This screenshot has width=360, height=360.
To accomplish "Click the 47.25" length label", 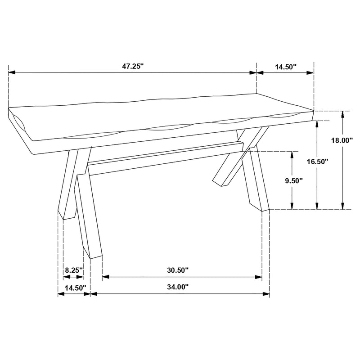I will pyautogui.click(x=132, y=67).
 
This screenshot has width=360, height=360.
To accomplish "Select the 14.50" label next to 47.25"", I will pyautogui.click(x=286, y=67).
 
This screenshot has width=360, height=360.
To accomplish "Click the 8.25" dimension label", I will pyautogui.click(x=74, y=270).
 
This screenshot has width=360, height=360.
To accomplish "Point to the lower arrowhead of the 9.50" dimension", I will pyautogui.click(x=292, y=206).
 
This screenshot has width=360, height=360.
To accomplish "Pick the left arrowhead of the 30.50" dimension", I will pyautogui.click(x=105, y=277).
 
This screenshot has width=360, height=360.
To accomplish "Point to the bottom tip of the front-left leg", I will pyautogui.click(x=96, y=258).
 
